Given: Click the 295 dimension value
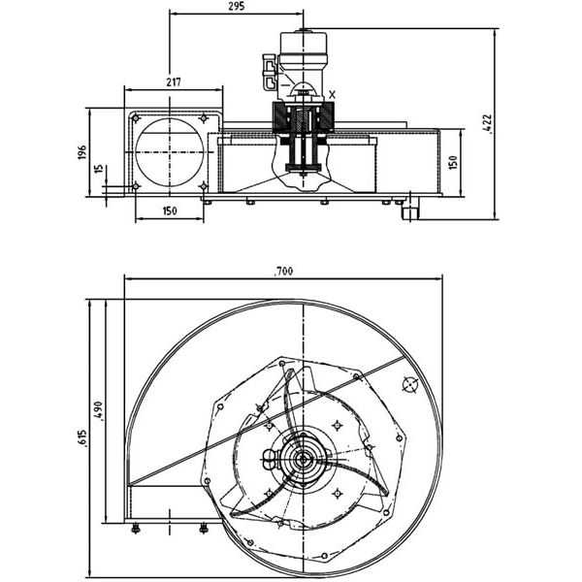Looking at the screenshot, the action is (237, 7).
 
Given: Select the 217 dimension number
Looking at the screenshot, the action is (174, 82).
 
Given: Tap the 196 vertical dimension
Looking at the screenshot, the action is (82, 152).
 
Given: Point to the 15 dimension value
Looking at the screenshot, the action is (98, 169).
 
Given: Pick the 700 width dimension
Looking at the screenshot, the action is (283, 272).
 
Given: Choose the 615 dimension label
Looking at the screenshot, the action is (82, 438).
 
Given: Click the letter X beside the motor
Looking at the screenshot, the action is (332, 95).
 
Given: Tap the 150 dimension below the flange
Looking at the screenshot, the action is (170, 211).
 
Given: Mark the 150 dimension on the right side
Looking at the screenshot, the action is (453, 163).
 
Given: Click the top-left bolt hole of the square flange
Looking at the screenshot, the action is (136, 118).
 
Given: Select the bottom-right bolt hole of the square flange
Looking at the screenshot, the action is (204, 186).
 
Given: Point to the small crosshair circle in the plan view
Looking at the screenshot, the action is (409, 384).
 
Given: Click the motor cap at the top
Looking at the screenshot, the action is (304, 43).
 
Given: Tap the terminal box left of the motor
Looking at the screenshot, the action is (270, 72).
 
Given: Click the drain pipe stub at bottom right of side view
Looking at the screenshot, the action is (411, 209).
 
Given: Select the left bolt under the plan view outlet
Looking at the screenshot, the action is (136, 529).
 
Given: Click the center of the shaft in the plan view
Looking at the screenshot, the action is (304, 460).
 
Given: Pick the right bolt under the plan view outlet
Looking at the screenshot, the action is (204, 529).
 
